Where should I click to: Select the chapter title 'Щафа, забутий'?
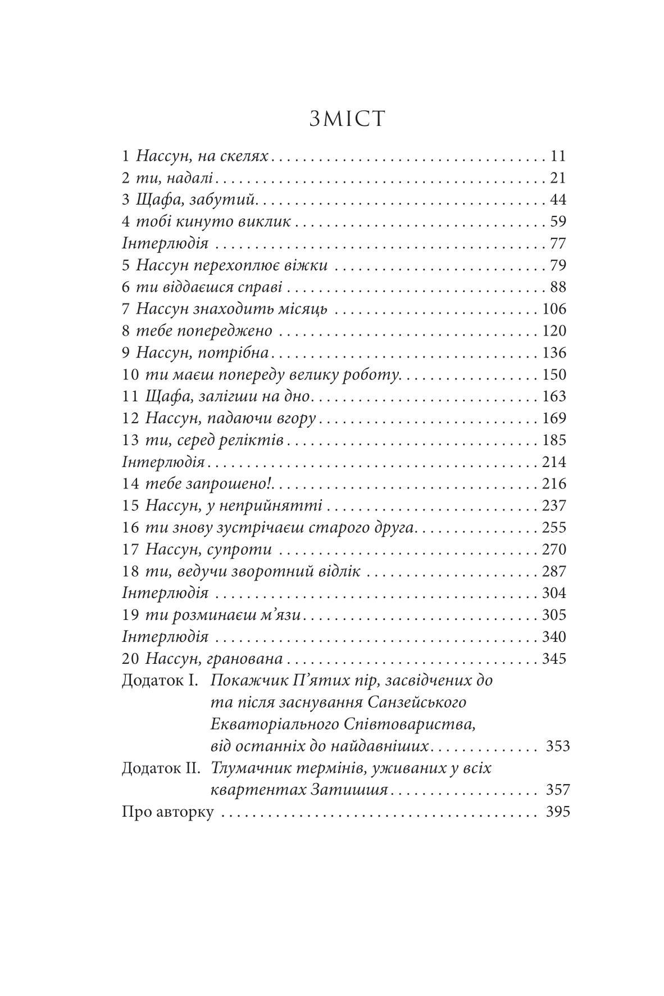197,200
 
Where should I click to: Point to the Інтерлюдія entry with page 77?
165,244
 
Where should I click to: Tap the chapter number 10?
130,375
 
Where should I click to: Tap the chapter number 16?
130,528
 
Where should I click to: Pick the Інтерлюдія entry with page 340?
165,637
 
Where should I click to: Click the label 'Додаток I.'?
160,681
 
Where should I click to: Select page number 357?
557,790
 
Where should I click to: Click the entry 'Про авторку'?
167,812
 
